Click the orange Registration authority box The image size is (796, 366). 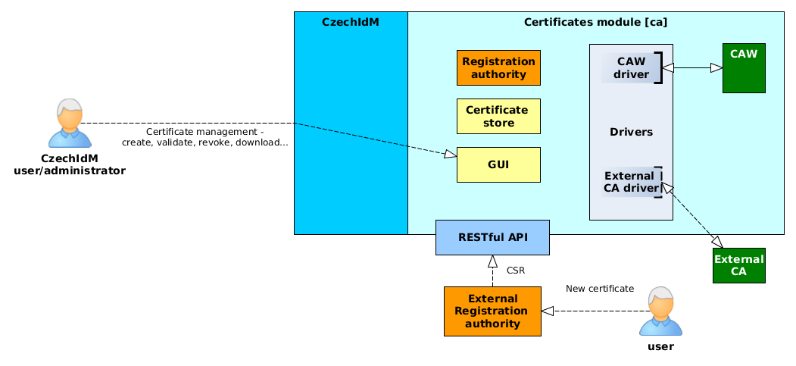pos(498,67)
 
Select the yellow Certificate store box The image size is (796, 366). pos(498,116)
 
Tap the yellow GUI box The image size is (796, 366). pos(498,165)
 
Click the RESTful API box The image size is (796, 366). pos(492,237)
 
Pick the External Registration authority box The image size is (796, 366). pos(492,311)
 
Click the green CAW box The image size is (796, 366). pos(744,68)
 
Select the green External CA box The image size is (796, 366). pos(738,265)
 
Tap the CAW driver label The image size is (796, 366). pos(631,68)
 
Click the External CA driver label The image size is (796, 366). pos(631,182)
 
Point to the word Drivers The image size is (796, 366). pos(631,132)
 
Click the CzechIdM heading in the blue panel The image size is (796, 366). pos(351,22)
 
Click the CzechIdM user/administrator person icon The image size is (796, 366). pos(70,124)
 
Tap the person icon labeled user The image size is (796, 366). pos(660,311)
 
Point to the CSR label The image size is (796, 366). pos(516,271)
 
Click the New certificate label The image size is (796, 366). pos(600,289)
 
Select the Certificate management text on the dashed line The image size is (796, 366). pos(205,137)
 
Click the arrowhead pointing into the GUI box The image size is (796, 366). pos(451,154)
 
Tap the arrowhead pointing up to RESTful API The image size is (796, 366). pos(492,261)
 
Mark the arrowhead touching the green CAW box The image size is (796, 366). pos(716,68)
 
